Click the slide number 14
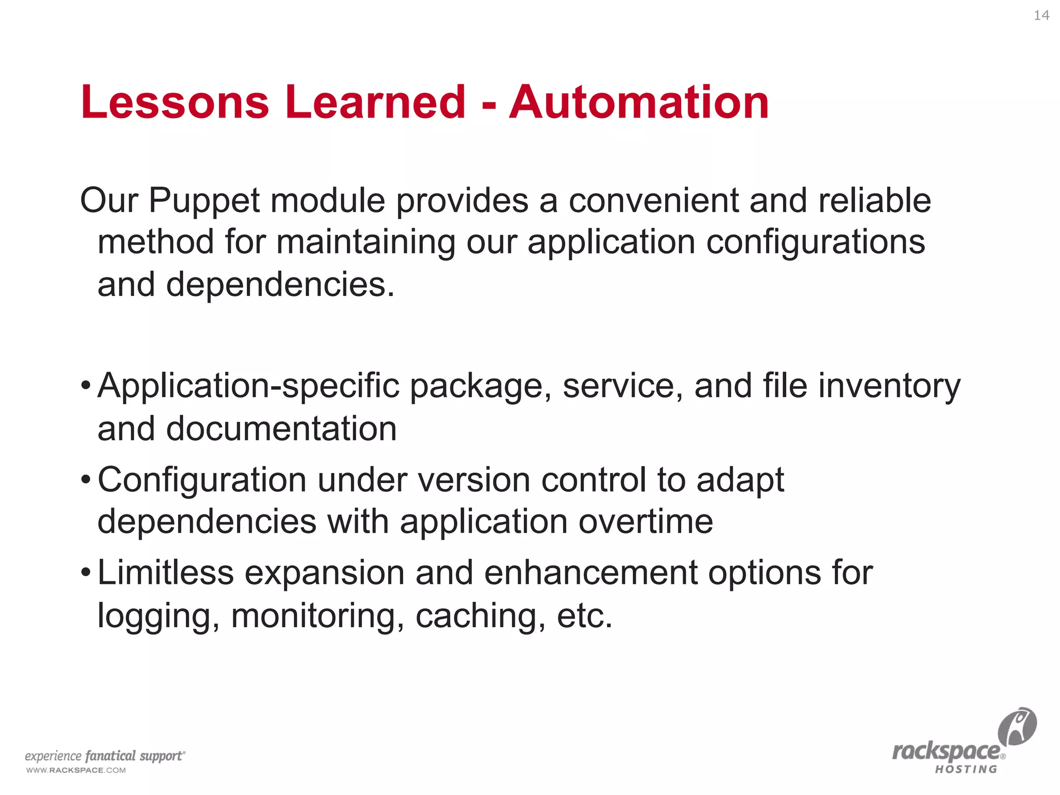[1041, 16]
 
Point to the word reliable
[875, 201]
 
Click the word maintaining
[365, 243]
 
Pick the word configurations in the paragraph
[816, 243]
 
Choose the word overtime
[646, 522]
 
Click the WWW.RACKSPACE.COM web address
[76, 770]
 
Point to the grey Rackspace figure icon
[1017, 726]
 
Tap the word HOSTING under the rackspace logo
[966, 770]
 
